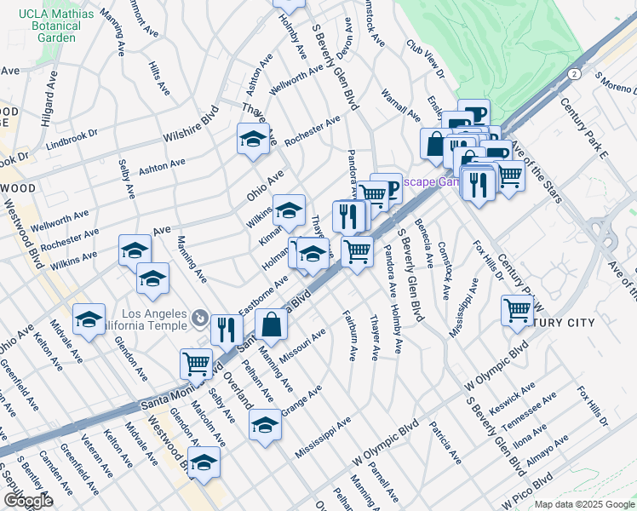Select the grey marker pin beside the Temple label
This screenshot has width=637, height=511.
point(199,319)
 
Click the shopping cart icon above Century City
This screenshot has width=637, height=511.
point(517,311)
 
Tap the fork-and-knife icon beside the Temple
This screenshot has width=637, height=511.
point(226,329)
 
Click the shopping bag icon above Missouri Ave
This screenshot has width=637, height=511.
point(271,324)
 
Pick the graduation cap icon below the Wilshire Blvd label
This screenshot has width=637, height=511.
point(253,140)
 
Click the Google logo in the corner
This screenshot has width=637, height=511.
point(27,501)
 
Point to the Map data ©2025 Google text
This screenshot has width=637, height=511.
point(584,504)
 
